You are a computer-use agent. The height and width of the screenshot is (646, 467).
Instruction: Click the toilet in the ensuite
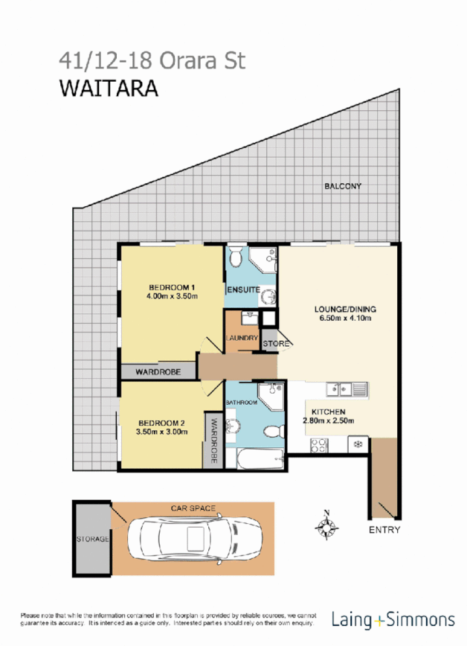click(x=236, y=260)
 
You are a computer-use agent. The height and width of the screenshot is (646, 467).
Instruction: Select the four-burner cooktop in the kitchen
click(x=319, y=444)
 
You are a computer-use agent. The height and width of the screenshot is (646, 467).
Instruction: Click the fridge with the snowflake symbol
click(x=357, y=444)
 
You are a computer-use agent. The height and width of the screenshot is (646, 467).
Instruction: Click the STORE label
click(x=274, y=343)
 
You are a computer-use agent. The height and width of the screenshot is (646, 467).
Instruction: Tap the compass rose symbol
click(x=326, y=526)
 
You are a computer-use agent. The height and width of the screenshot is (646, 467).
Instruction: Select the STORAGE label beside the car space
click(x=92, y=538)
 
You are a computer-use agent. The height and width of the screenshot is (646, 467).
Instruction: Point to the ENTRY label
click(x=384, y=530)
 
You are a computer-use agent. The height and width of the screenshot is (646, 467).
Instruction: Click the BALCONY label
click(x=342, y=187)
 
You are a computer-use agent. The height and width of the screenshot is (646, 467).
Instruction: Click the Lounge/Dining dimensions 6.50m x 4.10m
click(x=343, y=318)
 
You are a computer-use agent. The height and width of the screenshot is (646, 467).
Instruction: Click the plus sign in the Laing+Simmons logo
click(x=381, y=619)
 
